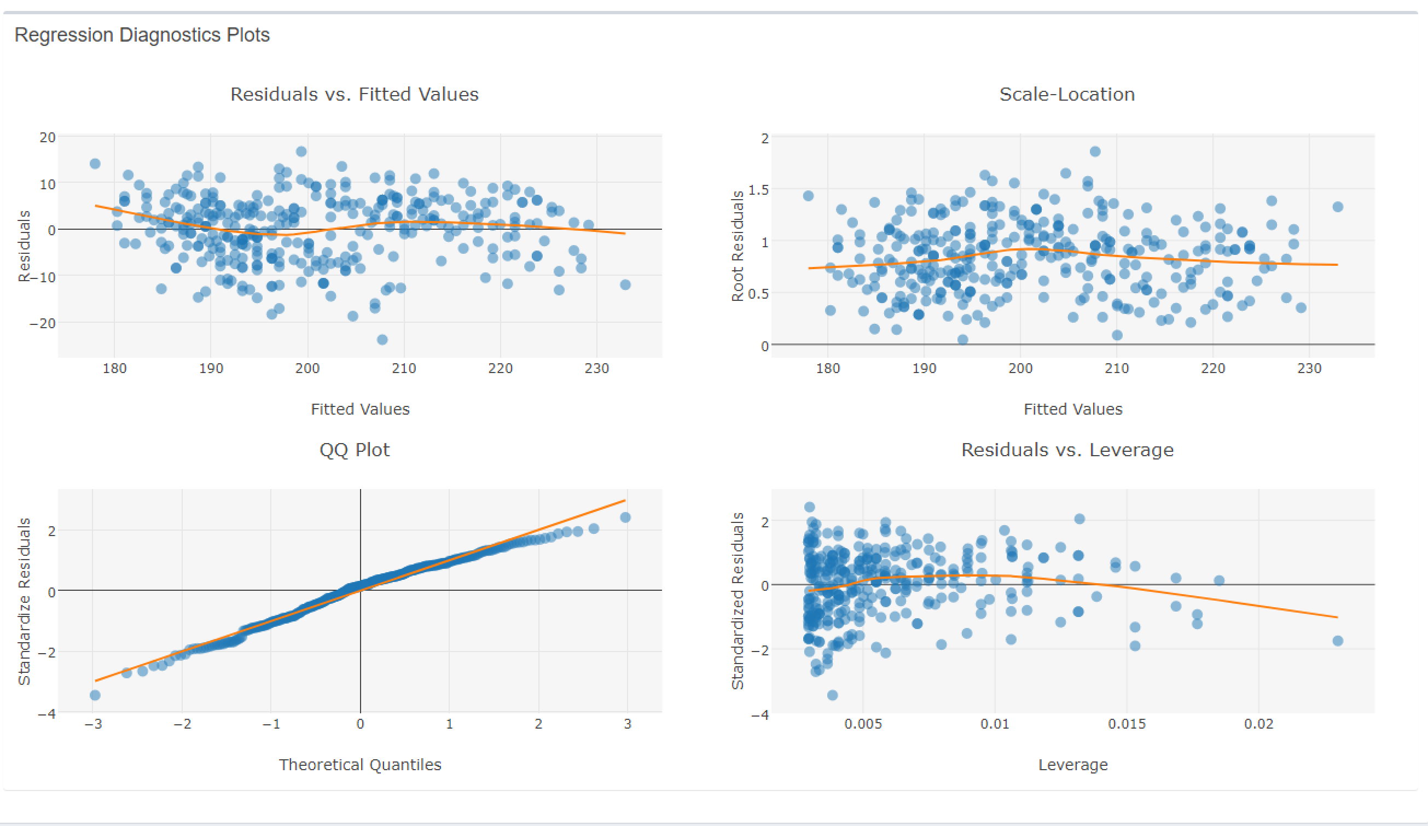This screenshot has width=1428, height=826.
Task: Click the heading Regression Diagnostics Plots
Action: (x=142, y=35)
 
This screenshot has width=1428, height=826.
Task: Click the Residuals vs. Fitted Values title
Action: (x=354, y=94)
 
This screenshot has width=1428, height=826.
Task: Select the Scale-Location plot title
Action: (x=1066, y=94)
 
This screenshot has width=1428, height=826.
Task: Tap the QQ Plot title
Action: (x=354, y=450)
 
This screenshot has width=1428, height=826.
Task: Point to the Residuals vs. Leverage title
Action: (x=1067, y=450)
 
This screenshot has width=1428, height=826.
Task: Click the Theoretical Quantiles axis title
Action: (x=360, y=764)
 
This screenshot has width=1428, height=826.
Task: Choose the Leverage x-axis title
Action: (x=1073, y=764)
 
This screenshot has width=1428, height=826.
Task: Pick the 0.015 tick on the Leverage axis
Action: (x=1127, y=724)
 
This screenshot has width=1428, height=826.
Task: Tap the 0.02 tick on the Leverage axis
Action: (x=1258, y=724)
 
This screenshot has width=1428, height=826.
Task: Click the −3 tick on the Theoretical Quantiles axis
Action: (x=93, y=724)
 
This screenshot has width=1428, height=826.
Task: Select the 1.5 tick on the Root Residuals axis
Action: (x=758, y=189)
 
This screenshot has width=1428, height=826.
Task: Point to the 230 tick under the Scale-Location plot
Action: (x=1309, y=368)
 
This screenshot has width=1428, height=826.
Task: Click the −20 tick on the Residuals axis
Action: (x=43, y=323)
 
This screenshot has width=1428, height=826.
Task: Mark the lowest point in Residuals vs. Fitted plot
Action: (x=382, y=339)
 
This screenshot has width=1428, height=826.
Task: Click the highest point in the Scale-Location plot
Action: (x=1095, y=152)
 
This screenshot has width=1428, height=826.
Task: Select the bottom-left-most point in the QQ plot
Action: (x=95, y=695)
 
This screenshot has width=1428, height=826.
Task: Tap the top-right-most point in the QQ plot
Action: (x=625, y=517)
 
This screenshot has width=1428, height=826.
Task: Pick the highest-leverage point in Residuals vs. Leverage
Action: (x=1337, y=641)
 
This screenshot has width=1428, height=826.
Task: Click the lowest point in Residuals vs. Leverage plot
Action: (x=832, y=695)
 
